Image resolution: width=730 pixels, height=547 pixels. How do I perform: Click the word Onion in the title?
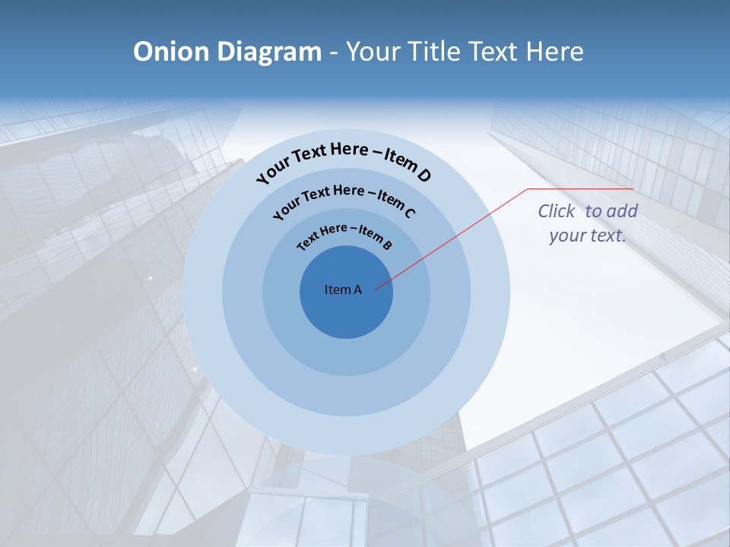170,52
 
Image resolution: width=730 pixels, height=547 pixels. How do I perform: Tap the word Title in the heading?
435,52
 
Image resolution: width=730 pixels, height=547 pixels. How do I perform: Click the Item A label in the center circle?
343,289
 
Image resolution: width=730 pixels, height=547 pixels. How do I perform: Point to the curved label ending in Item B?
344,236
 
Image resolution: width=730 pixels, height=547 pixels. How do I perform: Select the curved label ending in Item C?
344,198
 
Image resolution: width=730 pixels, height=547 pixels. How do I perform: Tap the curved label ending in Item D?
344,159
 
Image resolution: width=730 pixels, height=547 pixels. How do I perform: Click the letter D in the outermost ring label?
424,176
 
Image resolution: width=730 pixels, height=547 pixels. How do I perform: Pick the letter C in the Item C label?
409,213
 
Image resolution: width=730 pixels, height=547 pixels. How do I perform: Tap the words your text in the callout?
588,236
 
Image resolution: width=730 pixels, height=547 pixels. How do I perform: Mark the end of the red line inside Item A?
376,289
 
